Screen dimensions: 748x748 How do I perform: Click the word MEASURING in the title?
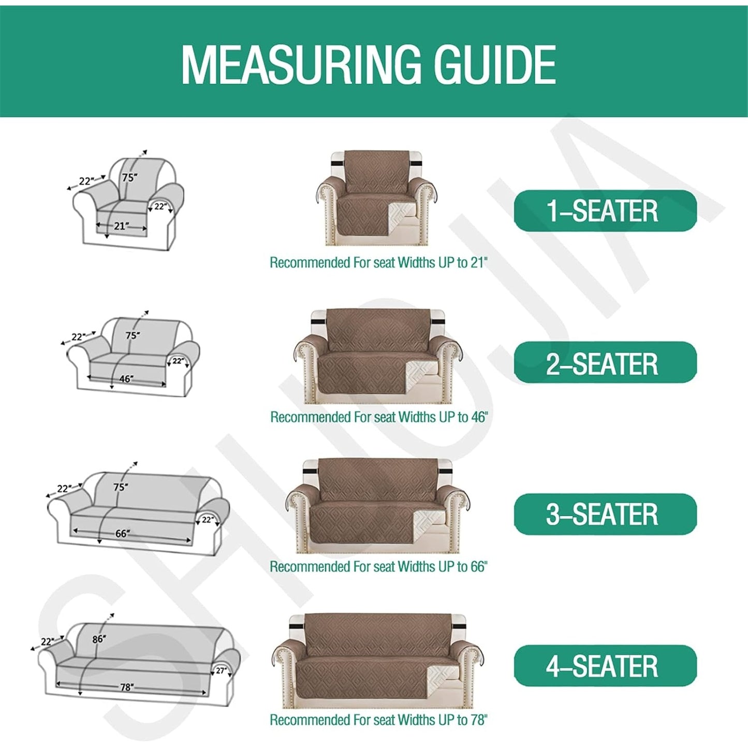tap(301, 65)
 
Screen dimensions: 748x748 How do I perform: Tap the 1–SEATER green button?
tap(605, 211)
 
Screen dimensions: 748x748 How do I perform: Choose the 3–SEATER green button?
tap(605, 515)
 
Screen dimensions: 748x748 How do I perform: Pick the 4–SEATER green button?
tap(605, 666)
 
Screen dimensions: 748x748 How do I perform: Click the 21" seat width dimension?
tap(120, 226)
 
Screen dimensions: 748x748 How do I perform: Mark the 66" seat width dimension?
tap(122, 533)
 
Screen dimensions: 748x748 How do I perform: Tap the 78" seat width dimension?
tap(127, 687)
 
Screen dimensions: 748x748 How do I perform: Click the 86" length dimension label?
tap(99, 639)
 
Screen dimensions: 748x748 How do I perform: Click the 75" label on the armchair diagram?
tap(129, 178)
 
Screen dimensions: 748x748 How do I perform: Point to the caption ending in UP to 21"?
tap(378, 263)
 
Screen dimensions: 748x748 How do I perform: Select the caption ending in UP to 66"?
tap(378, 567)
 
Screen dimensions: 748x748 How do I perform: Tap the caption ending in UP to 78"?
tap(378, 720)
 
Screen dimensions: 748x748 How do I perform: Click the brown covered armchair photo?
tap(377, 198)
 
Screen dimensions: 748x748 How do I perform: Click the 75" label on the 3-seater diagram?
tap(121, 487)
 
